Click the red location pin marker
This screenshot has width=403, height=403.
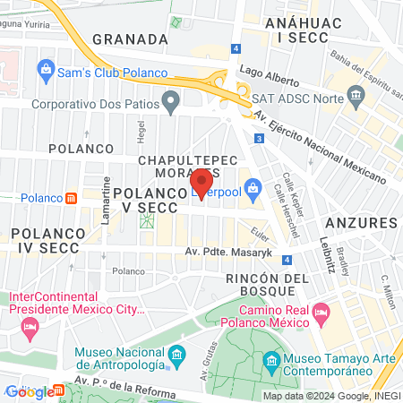tap(201, 183)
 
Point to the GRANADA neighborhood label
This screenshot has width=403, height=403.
tap(130, 39)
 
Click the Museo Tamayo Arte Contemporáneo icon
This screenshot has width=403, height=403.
tap(273, 363)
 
